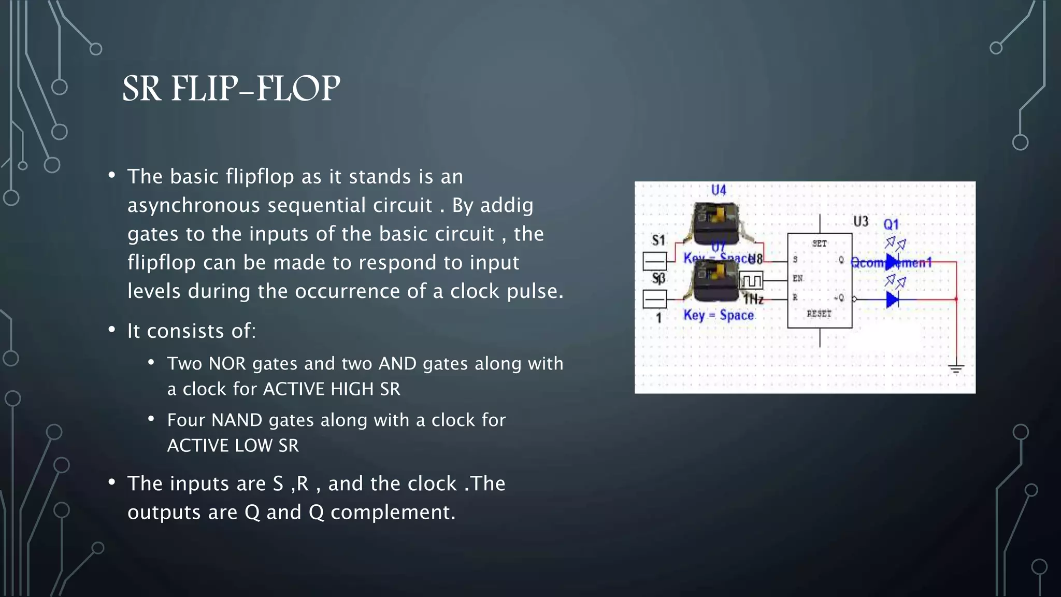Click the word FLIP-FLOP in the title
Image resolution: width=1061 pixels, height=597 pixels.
[255, 88]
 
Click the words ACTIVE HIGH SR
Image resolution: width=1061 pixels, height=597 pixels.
[332, 389]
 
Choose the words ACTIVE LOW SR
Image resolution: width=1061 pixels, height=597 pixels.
[233, 446]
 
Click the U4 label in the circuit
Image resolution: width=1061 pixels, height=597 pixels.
[719, 190]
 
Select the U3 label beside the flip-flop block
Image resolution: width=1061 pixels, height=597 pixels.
[861, 222]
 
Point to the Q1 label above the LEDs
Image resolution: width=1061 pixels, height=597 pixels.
[891, 224]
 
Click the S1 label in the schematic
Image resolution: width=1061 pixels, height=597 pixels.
[658, 240]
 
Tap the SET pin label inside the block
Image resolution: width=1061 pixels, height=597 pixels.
[819, 244]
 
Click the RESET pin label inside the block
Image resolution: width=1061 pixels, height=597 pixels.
[819, 314]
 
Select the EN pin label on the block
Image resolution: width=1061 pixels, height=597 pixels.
[797, 278]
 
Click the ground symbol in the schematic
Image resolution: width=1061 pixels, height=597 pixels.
[956, 369]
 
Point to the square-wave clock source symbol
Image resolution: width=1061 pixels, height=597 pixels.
[751, 281]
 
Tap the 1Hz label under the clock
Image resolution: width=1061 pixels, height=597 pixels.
[753, 300]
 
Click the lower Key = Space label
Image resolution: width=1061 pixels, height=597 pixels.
[719, 315]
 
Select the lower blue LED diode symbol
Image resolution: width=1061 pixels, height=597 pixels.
[892, 300]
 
